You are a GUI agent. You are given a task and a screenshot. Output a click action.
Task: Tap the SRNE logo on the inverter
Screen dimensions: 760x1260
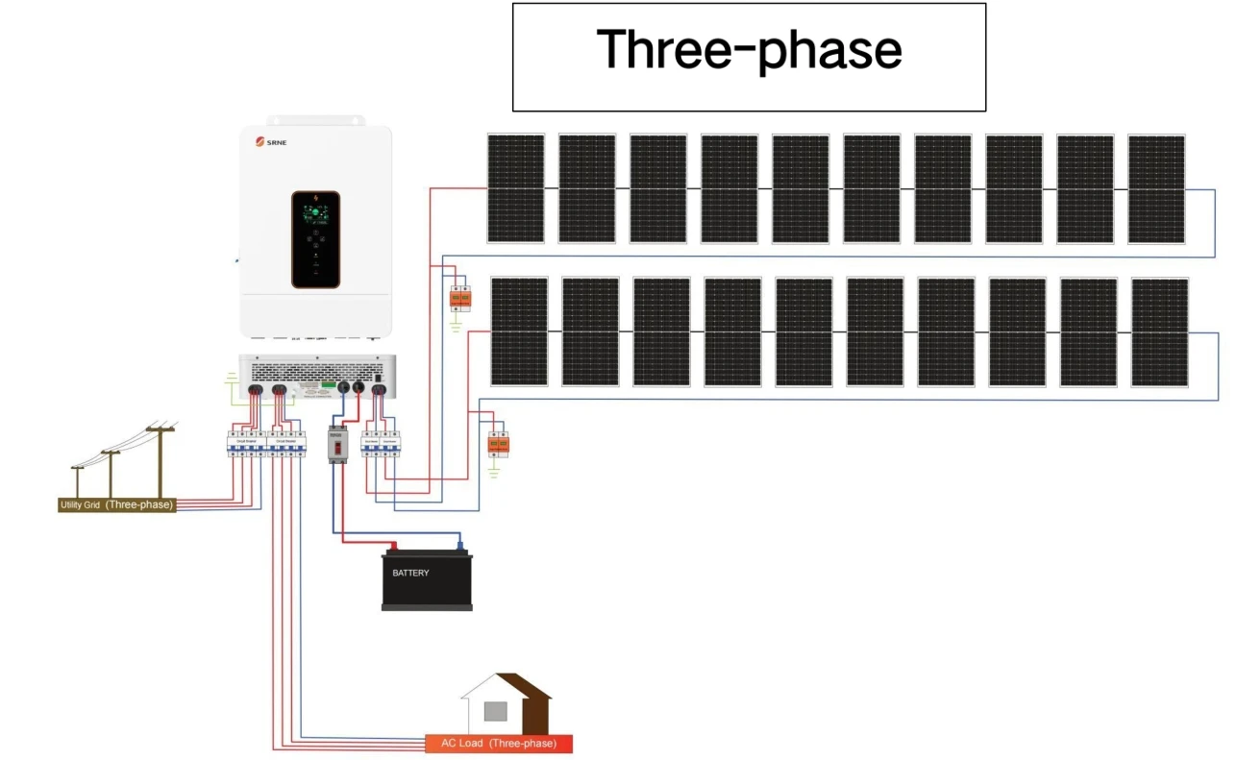(273, 143)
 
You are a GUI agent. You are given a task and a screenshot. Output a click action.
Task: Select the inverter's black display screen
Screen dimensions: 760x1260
(316, 238)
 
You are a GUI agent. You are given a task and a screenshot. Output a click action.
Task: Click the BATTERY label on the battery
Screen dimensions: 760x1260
(410, 574)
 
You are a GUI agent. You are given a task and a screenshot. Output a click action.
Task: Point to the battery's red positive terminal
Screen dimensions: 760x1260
(392, 546)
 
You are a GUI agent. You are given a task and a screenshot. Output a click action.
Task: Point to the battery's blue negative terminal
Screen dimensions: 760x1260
(460, 546)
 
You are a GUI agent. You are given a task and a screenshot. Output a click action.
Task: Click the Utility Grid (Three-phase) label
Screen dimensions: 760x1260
(117, 504)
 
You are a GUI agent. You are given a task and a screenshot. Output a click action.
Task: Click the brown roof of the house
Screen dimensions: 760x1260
(528, 686)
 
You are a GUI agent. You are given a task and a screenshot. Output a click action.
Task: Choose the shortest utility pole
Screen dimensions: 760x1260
(77, 479)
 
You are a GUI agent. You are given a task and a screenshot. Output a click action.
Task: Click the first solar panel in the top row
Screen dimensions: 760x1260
(515, 188)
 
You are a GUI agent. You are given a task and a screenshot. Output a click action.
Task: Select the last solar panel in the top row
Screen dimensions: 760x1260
(1156, 188)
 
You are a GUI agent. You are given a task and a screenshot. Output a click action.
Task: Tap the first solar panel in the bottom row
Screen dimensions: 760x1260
(519, 331)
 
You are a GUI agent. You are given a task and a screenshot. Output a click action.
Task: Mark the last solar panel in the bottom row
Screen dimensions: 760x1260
(1160, 331)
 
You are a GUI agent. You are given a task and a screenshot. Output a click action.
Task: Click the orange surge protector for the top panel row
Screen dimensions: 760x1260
(460, 300)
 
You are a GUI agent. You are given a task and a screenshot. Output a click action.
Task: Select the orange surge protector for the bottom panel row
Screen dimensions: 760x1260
(497, 444)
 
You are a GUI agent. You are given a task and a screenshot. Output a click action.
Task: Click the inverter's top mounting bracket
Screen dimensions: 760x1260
(315, 120)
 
